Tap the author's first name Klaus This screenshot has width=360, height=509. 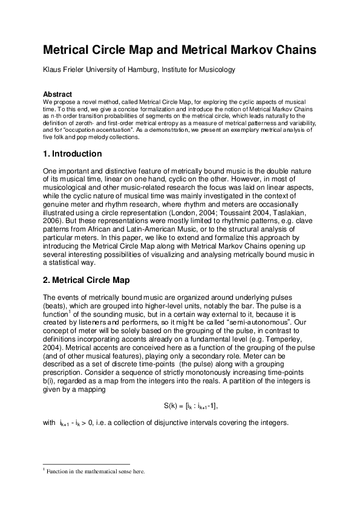coord(53,70)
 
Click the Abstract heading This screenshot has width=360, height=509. coord(57,94)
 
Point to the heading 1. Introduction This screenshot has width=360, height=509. coord(72,154)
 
